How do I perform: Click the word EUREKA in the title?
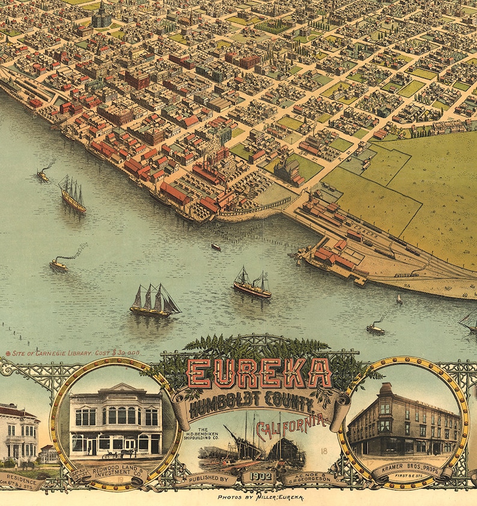point(260,373)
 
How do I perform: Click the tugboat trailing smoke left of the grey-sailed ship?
point(59,263)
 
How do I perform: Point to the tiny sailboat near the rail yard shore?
point(399,299)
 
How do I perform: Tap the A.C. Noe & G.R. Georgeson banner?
point(315,479)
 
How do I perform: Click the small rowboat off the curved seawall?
point(216,246)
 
